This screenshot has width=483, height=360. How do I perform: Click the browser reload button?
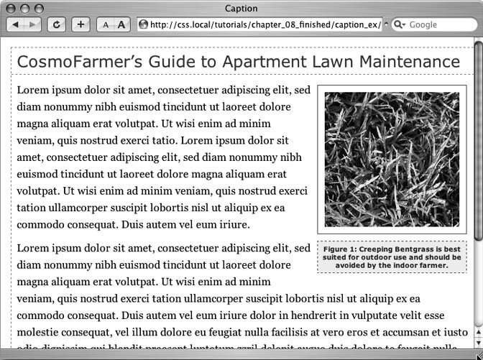(x=57, y=24)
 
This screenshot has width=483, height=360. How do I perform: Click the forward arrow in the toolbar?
(x=33, y=24)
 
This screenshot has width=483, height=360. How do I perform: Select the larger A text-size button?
(x=121, y=24)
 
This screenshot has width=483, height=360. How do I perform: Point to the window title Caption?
(x=241, y=9)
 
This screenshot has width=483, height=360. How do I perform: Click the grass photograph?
(x=392, y=159)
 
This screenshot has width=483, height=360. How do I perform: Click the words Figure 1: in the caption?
(x=340, y=249)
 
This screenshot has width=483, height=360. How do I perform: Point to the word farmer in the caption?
(x=433, y=265)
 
